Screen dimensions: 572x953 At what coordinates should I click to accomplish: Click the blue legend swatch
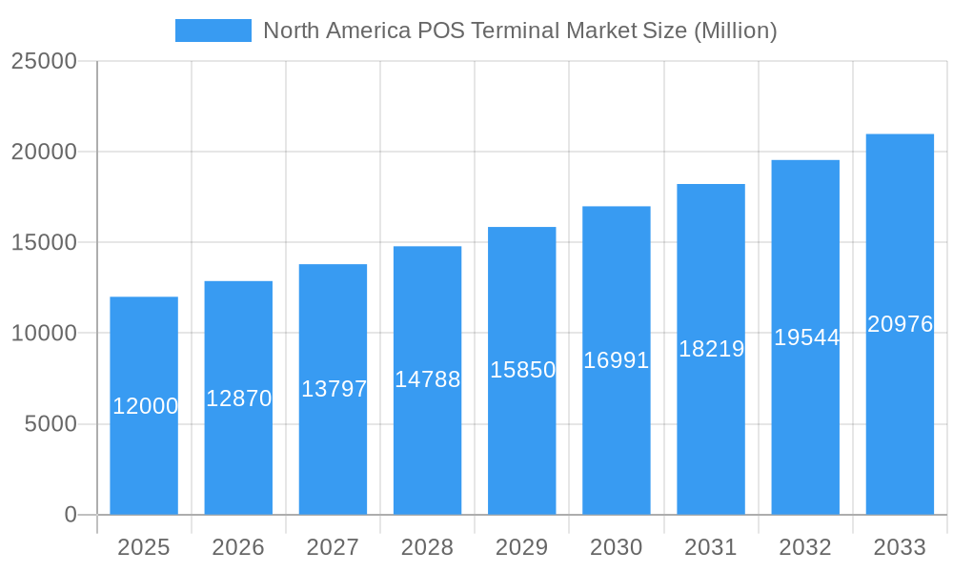(x=213, y=31)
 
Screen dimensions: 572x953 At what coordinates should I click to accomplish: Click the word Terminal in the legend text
(x=518, y=31)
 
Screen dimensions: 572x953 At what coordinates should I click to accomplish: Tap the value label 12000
(x=145, y=406)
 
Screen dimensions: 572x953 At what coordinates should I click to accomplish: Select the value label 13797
(x=334, y=389)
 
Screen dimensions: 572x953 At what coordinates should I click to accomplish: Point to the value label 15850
(x=522, y=370)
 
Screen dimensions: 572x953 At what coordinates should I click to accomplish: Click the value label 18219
(x=711, y=349)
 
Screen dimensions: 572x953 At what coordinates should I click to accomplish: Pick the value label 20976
(x=900, y=324)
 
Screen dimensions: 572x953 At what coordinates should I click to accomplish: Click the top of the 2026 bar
(x=238, y=282)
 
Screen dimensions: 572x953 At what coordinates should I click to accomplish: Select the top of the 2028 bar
(x=427, y=247)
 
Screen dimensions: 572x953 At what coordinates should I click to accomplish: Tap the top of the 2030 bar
(x=617, y=207)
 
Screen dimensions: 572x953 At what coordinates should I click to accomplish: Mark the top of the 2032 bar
(x=805, y=161)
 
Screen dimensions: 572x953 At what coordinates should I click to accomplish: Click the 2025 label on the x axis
(x=144, y=547)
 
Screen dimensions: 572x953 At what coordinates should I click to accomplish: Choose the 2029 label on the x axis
(x=522, y=547)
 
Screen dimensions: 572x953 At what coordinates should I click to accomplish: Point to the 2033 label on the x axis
(x=900, y=547)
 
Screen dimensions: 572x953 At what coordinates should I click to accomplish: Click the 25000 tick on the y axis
(x=44, y=61)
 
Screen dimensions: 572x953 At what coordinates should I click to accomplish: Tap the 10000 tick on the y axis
(x=44, y=334)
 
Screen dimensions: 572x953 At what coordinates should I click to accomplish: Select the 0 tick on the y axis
(x=71, y=515)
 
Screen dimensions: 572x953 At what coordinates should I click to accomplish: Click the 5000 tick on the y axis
(x=51, y=424)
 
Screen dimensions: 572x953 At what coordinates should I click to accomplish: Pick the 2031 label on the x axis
(x=711, y=547)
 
